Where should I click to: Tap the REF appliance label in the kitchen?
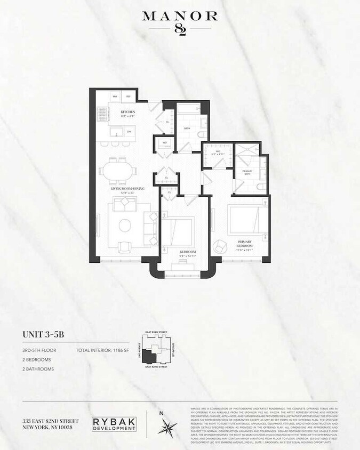click(129, 97)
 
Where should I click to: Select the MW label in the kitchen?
click(115, 97)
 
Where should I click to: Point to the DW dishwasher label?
click(129, 131)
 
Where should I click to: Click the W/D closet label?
click(164, 142)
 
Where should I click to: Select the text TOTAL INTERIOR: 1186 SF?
click(105, 350)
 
